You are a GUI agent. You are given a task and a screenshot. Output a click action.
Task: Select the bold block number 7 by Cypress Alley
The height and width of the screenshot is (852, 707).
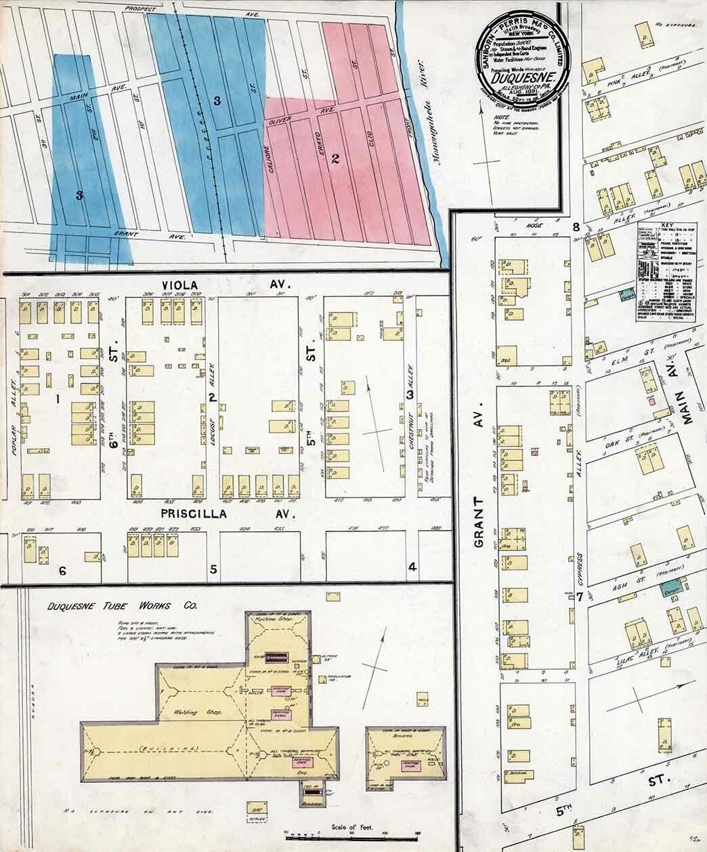click(x=580, y=598)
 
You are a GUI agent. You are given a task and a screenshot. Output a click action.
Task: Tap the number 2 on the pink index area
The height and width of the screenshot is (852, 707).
click(x=335, y=160)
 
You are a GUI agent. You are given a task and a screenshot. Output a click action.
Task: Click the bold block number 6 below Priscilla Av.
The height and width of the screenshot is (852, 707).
click(x=62, y=571)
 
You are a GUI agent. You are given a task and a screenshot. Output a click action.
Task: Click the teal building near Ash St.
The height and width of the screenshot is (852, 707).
click(x=672, y=588)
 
